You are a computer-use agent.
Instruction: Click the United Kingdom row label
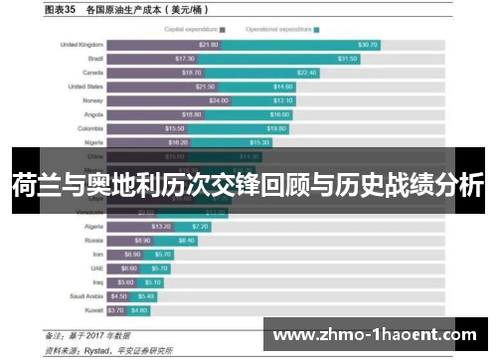click(83, 45)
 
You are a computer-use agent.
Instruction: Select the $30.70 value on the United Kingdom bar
click(369, 45)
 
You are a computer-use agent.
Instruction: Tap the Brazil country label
click(94, 59)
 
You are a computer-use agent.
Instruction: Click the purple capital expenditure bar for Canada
click(159, 73)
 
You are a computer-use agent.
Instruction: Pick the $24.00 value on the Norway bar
click(219, 100)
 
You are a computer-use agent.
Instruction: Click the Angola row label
click(92, 114)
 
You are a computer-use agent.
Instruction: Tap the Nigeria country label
click(92, 142)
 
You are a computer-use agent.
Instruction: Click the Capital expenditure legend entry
click(194, 29)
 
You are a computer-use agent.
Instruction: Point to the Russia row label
click(93, 240)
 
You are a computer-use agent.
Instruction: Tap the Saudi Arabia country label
click(85, 295)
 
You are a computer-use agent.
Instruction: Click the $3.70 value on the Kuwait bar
click(117, 309)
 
